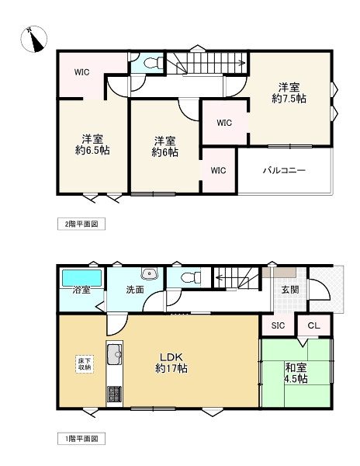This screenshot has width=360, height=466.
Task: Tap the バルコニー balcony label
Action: click(283, 170)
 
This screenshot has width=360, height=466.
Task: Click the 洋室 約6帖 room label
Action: click(164, 146)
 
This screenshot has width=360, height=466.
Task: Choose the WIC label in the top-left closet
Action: click(82, 72)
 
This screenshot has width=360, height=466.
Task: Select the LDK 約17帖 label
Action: click(171, 363)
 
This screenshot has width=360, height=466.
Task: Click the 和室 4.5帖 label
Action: click(296, 373)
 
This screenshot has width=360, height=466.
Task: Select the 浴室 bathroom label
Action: click(82, 290)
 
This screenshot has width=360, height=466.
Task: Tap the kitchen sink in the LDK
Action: click(114, 354)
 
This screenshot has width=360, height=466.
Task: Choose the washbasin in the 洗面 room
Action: click(149, 274)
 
